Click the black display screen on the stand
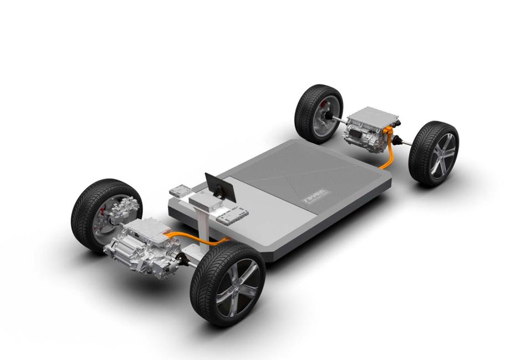(x=221, y=187)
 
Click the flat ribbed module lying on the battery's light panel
(x=232, y=215)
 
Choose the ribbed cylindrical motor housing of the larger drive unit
(x=125, y=249)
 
